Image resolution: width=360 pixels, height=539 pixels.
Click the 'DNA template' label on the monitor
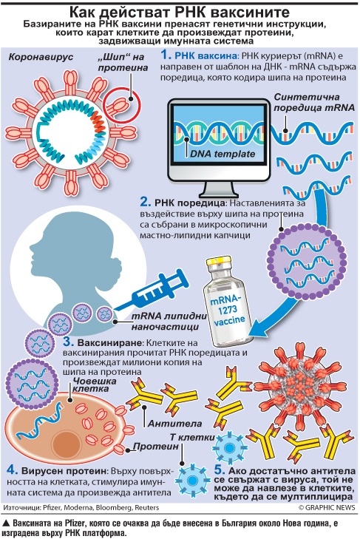[223, 153]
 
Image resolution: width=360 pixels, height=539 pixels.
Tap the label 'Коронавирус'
[41, 57]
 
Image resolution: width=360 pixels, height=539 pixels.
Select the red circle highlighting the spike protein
[123, 104]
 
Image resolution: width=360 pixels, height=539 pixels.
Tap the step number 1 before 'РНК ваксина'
[166, 55]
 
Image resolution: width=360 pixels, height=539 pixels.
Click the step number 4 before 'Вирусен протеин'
[12, 470]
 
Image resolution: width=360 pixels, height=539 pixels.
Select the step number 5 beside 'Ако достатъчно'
[219, 470]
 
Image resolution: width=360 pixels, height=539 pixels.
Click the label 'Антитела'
[174, 424]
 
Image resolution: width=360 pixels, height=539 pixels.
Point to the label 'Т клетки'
[192, 437]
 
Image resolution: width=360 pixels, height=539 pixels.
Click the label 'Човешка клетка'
[95, 384]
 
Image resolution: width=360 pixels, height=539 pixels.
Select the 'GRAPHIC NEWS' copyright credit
[326, 507]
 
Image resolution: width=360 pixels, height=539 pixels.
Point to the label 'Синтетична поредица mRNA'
[314, 102]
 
